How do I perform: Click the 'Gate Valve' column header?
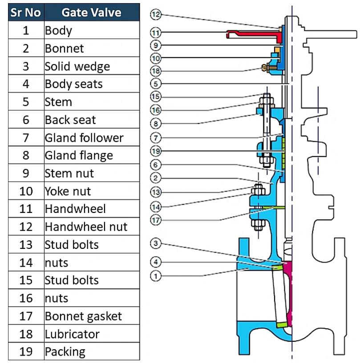[91, 12]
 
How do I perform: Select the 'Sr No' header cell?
[26, 12]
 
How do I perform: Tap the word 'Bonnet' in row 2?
[64, 48]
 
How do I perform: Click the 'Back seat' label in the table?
[70, 120]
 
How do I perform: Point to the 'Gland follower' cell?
[84, 138]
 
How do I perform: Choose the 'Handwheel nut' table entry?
[86, 227]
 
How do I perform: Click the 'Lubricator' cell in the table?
[72, 334]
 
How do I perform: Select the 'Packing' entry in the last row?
[65, 352]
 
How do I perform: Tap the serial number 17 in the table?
[26, 316]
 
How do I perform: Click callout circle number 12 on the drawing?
[155, 15]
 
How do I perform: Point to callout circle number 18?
[155, 71]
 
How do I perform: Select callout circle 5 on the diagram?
[155, 83]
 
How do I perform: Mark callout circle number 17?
[155, 220]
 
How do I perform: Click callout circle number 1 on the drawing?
[155, 276]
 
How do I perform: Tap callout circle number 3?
[155, 244]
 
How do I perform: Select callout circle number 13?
[155, 192]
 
